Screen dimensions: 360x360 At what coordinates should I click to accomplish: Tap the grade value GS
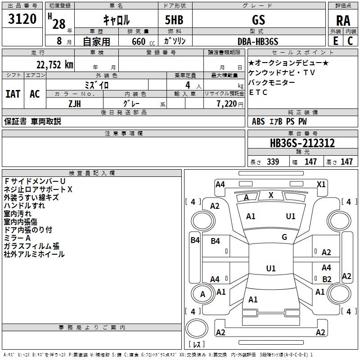click(258, 20)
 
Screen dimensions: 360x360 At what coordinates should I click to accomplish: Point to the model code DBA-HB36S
click(258, 41)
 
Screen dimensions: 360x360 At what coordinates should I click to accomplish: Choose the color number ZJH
click(75, 103)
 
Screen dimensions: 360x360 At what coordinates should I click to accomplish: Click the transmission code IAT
click(13, 94)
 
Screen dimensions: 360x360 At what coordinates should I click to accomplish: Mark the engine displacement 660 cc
click(137, 41)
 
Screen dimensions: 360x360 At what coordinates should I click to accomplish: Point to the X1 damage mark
click(321, 184)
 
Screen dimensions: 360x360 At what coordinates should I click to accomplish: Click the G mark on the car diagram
click(284, 237)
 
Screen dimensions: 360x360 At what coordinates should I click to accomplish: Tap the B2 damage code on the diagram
click(327, 279)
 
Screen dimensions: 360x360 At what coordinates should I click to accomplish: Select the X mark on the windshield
click(271, 195)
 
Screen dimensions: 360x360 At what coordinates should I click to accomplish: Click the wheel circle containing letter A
click(202, 294)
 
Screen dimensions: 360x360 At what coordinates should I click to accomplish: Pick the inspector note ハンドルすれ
click(24, 206)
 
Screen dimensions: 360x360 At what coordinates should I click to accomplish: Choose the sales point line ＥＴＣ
click(258, 93)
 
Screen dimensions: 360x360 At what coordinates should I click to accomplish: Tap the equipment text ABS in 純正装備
click(258, 121)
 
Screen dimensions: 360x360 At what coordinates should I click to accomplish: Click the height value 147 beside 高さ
click(346, 162)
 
